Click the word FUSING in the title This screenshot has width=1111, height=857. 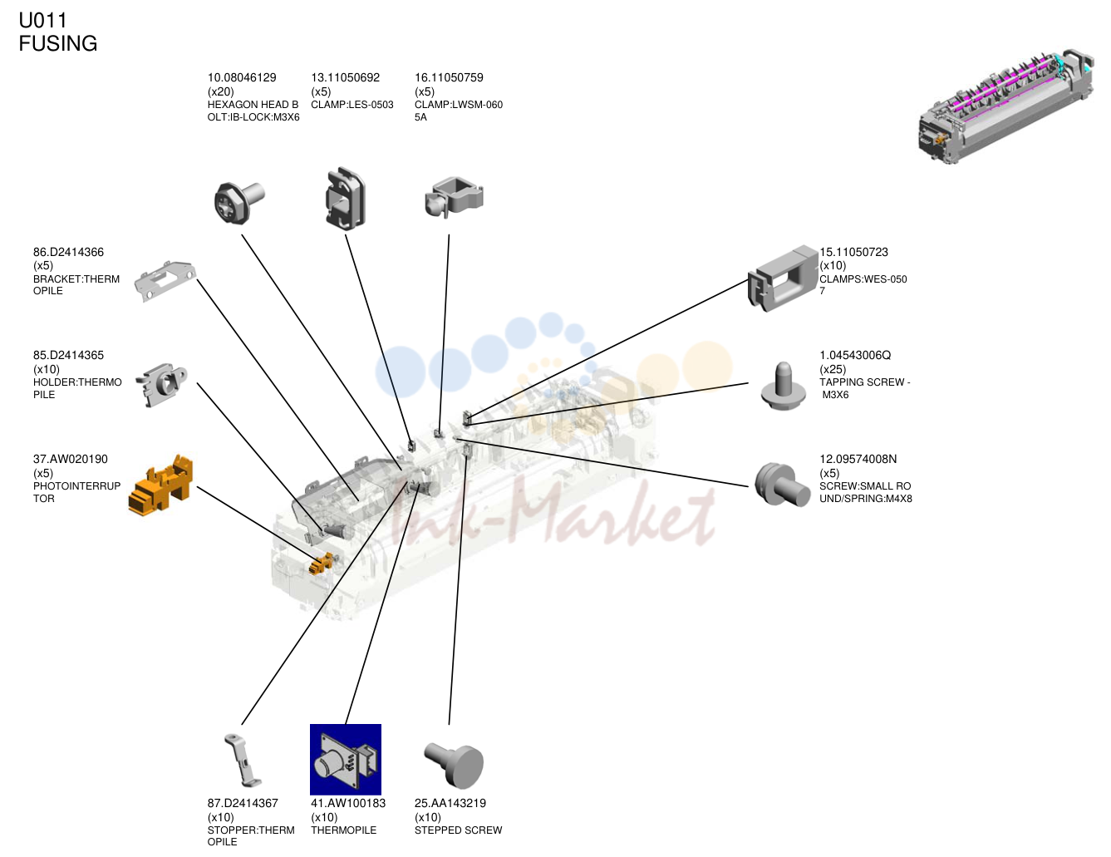click(58, 43)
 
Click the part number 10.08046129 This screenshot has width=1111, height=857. click(241, 78)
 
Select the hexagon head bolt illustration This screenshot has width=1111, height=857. click(238, 203)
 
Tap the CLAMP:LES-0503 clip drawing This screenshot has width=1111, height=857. click(345, 199)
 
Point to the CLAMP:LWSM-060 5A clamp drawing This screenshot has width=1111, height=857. click(454, 198)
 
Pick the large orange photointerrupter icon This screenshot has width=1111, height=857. click(160, 485)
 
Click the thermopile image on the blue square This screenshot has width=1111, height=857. click(346, 760)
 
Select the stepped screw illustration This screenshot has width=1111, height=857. click(454, 765)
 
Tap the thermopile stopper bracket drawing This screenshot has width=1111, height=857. click(243, 761)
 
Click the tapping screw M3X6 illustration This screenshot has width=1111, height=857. click(784, 386)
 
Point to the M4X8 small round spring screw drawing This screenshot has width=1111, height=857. click(782, 485)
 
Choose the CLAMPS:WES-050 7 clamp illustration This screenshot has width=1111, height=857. click(783, 278)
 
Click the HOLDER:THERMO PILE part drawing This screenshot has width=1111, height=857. click(161, 385)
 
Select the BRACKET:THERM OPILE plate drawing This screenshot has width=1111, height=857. click(165, 281)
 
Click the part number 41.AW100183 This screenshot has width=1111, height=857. click(348, 803)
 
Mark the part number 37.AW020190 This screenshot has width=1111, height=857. click(71, 459)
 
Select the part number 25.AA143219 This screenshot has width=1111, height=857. click(450, 803)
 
